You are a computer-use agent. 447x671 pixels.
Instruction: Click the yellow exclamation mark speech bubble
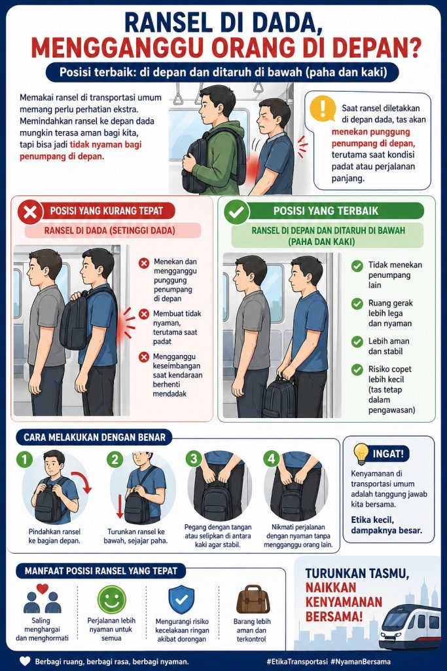coord(322,108)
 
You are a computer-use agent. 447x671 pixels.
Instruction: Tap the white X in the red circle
coord(30,212)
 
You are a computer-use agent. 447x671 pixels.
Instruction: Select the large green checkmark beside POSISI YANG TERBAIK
coord(236,212)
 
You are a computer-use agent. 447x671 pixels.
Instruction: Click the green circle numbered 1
coord(24,459)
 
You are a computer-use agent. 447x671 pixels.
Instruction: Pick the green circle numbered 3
coord(194,459)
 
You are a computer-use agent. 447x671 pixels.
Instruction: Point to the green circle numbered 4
coord(272,459)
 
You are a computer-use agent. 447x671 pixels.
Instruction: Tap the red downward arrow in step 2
coord(120,507)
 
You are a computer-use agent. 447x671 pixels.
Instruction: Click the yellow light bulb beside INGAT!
coord(361,454)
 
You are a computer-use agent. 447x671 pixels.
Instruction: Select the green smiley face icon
coord(111,600)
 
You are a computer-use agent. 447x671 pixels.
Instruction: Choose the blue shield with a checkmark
coord(181,600)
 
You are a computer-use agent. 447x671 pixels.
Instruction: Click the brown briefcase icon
coord(253,600)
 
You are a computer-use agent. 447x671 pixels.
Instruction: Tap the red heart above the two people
coord(43,589)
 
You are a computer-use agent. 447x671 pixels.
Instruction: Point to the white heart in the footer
coord(26,661)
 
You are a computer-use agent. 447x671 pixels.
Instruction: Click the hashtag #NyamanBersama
coord(361,662)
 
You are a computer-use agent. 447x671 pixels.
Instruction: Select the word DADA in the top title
coord(285,23)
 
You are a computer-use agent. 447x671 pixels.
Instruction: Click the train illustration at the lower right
coord(410,627)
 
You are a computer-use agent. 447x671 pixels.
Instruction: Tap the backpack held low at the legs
coord(279,397)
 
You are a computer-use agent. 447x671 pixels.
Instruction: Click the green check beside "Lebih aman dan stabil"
coord(357,342)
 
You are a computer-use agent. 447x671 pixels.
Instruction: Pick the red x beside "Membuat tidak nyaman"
coord(144,314)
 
